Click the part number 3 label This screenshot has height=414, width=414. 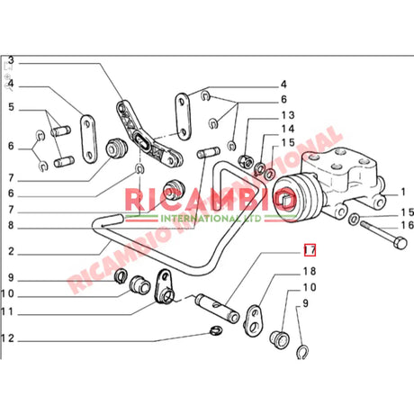tap(11, 62)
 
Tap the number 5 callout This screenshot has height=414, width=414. tap(11, 108)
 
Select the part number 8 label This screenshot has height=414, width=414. tap(11, 226)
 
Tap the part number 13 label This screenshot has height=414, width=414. tap(288, 116)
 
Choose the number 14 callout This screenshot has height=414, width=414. tap(288, 130)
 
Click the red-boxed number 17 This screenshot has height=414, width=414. tap(309, 251)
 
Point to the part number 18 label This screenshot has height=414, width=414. tap(309, 271)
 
